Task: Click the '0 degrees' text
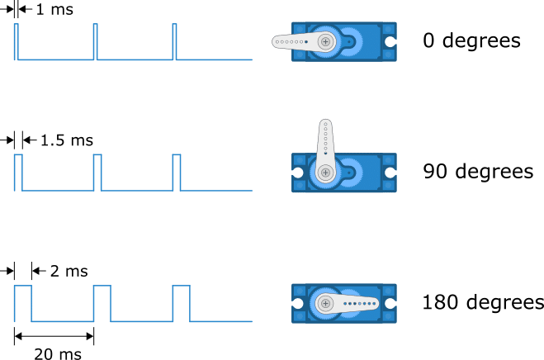click(471, 40)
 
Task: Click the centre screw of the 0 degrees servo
click(327, 40)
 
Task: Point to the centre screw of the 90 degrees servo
click(326, 172)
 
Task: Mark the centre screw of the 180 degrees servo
click(326, 303)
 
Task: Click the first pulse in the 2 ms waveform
click(22, 302)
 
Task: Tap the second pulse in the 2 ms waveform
click(102, 302)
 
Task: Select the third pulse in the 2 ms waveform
click(181, 302)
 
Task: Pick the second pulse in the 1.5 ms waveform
click(97, 172)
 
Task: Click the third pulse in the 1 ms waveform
click(174, 41)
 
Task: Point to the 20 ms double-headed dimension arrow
click(54, 335)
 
